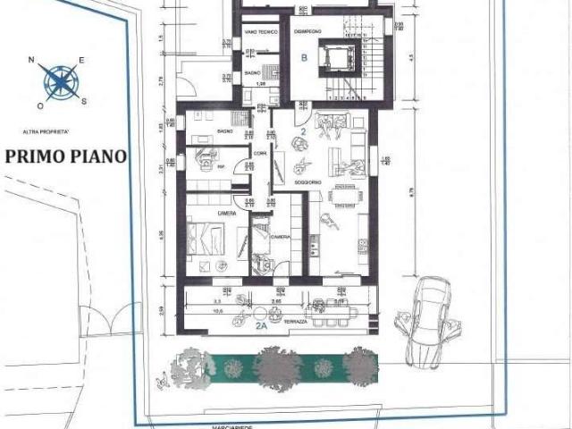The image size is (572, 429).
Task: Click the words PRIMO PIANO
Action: (66, 156)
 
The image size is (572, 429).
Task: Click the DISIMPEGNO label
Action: (307, 31)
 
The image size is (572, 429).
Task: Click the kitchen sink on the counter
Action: (363, 244)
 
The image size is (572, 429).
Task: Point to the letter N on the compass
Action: (32, 60)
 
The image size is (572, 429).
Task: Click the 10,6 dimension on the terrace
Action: (217, 313)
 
